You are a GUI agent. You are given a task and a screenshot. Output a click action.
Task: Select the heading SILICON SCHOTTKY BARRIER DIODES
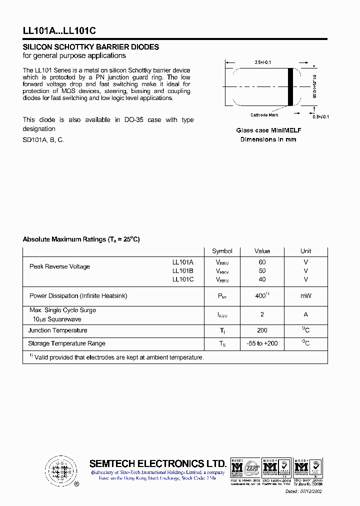[91, 47]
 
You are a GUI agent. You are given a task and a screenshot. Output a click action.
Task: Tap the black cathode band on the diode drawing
[290, 86]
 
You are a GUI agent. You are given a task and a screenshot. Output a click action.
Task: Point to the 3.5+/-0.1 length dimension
[263, 62]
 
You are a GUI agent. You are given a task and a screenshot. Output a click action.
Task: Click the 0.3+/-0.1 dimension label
[320, 116]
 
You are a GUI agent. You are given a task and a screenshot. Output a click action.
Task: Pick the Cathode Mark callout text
[264, 115]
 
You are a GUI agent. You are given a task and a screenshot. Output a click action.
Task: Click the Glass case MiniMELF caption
[268, 130]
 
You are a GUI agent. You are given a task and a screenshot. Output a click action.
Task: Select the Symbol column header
[222, 251]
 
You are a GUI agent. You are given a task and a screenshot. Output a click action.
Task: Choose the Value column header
[262, 251]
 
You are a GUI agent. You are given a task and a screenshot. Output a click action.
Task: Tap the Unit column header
[305, 251]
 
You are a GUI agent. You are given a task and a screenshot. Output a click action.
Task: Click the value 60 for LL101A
[262, 262]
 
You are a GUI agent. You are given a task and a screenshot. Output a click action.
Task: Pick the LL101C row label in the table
[183, 279]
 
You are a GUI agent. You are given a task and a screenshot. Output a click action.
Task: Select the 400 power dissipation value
[261, 296]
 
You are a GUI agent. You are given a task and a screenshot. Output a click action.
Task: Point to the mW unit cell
[305, 296]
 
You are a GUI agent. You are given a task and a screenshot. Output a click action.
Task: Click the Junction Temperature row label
[57, 330]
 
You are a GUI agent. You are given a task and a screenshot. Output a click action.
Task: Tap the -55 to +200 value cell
[262, 343]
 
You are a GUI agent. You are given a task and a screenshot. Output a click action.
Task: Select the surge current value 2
[262, 314]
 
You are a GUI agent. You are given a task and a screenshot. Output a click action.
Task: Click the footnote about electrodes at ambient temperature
[116, 357]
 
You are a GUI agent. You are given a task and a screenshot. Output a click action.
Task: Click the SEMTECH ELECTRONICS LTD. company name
[157, 463]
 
